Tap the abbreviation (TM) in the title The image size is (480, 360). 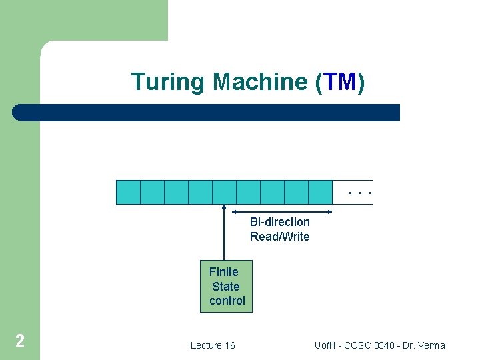(x=339, y=82)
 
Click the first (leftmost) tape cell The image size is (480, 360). (x=129, y=191)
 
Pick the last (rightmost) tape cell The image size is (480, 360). (x=320, y=191)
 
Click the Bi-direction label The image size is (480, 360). (x=280, y=221)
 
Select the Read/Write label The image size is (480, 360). (x=280, y=236)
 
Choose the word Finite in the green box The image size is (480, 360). (x=224, y=271)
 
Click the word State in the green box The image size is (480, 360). (x=225, y=286)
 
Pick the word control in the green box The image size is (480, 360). (x=227, y=301)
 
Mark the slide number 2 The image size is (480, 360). (x=20, y=341)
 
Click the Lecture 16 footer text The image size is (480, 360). (x=213, y=345)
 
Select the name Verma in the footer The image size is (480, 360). (x=431, y=345)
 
